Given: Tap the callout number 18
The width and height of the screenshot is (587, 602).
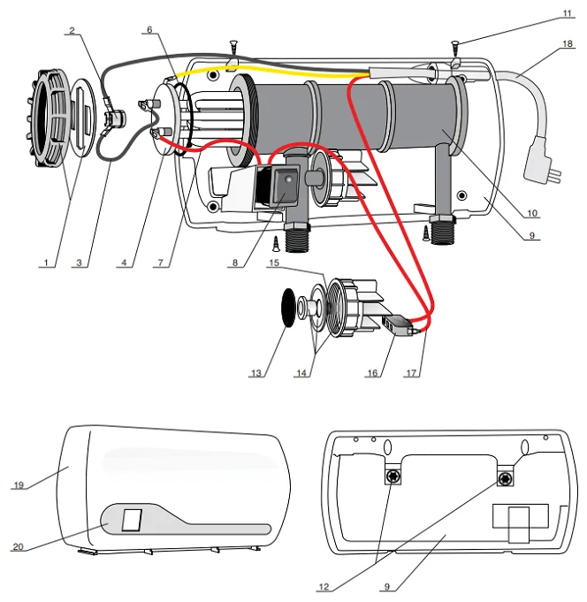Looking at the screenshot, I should click(568, 43).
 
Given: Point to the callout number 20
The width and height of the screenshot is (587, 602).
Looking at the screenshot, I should click(17, 547).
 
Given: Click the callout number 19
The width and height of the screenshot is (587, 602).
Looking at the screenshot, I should click(17, 485).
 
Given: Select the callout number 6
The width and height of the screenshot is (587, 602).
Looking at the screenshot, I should click(149, 30).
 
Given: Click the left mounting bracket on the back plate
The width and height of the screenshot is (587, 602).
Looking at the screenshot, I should click(391, 477).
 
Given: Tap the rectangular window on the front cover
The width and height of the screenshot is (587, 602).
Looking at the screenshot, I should click(132, 519).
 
